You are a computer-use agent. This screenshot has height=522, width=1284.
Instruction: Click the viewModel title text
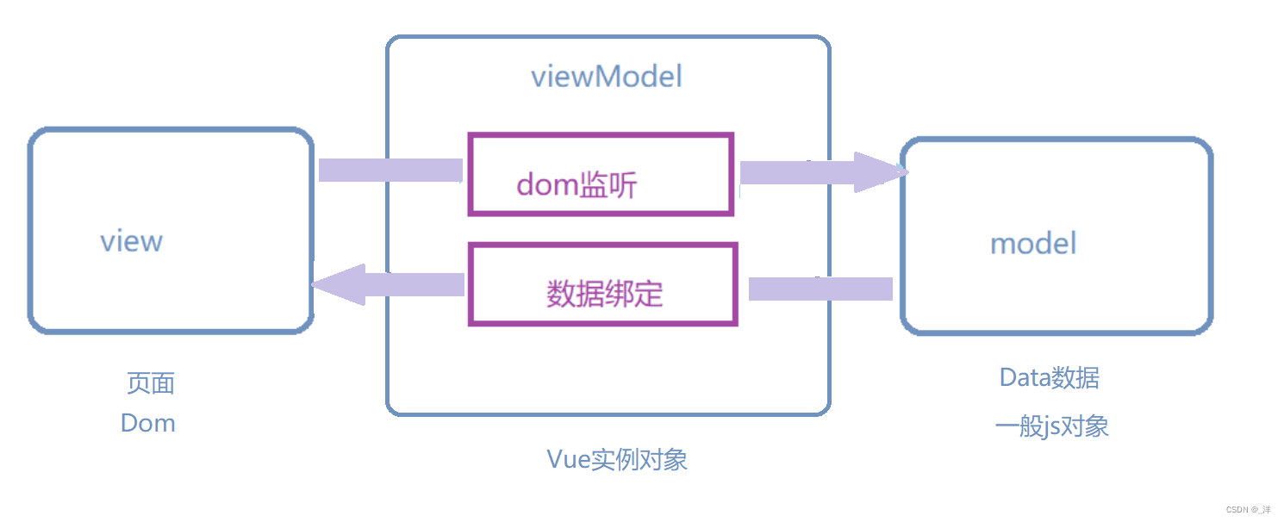(x=606, y=77)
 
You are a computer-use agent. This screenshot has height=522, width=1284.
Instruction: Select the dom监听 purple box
(x=601, y=173)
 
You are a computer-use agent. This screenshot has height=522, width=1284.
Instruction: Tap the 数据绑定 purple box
(x=603, y=284)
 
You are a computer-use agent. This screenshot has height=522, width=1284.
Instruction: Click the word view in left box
(x=131, y=240)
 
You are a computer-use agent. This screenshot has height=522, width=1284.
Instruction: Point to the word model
(x=1033, y=243)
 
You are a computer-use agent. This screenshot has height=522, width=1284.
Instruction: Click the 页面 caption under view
(x=151, y=383)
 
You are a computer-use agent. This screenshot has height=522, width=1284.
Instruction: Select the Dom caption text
(x=148, y=423)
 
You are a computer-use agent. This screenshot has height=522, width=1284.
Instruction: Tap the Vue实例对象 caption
(x=617, y=459)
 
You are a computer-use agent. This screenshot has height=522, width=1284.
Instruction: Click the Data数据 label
(x=1049, y=377)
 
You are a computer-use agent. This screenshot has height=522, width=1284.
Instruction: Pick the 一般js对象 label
(x=1051, y=426)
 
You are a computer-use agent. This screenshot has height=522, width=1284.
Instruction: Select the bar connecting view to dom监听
(x=390, y=170)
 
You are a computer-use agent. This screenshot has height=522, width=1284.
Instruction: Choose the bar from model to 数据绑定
(x=820, y=289)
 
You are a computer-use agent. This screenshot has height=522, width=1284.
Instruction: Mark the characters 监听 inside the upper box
(x=608, y=184)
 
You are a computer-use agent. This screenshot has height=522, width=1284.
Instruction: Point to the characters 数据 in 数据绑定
(x=576, y=294)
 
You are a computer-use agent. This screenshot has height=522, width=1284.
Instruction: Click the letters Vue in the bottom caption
(x=566, y=459)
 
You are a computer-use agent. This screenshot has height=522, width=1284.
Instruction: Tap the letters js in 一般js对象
(x=1056, y=426)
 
